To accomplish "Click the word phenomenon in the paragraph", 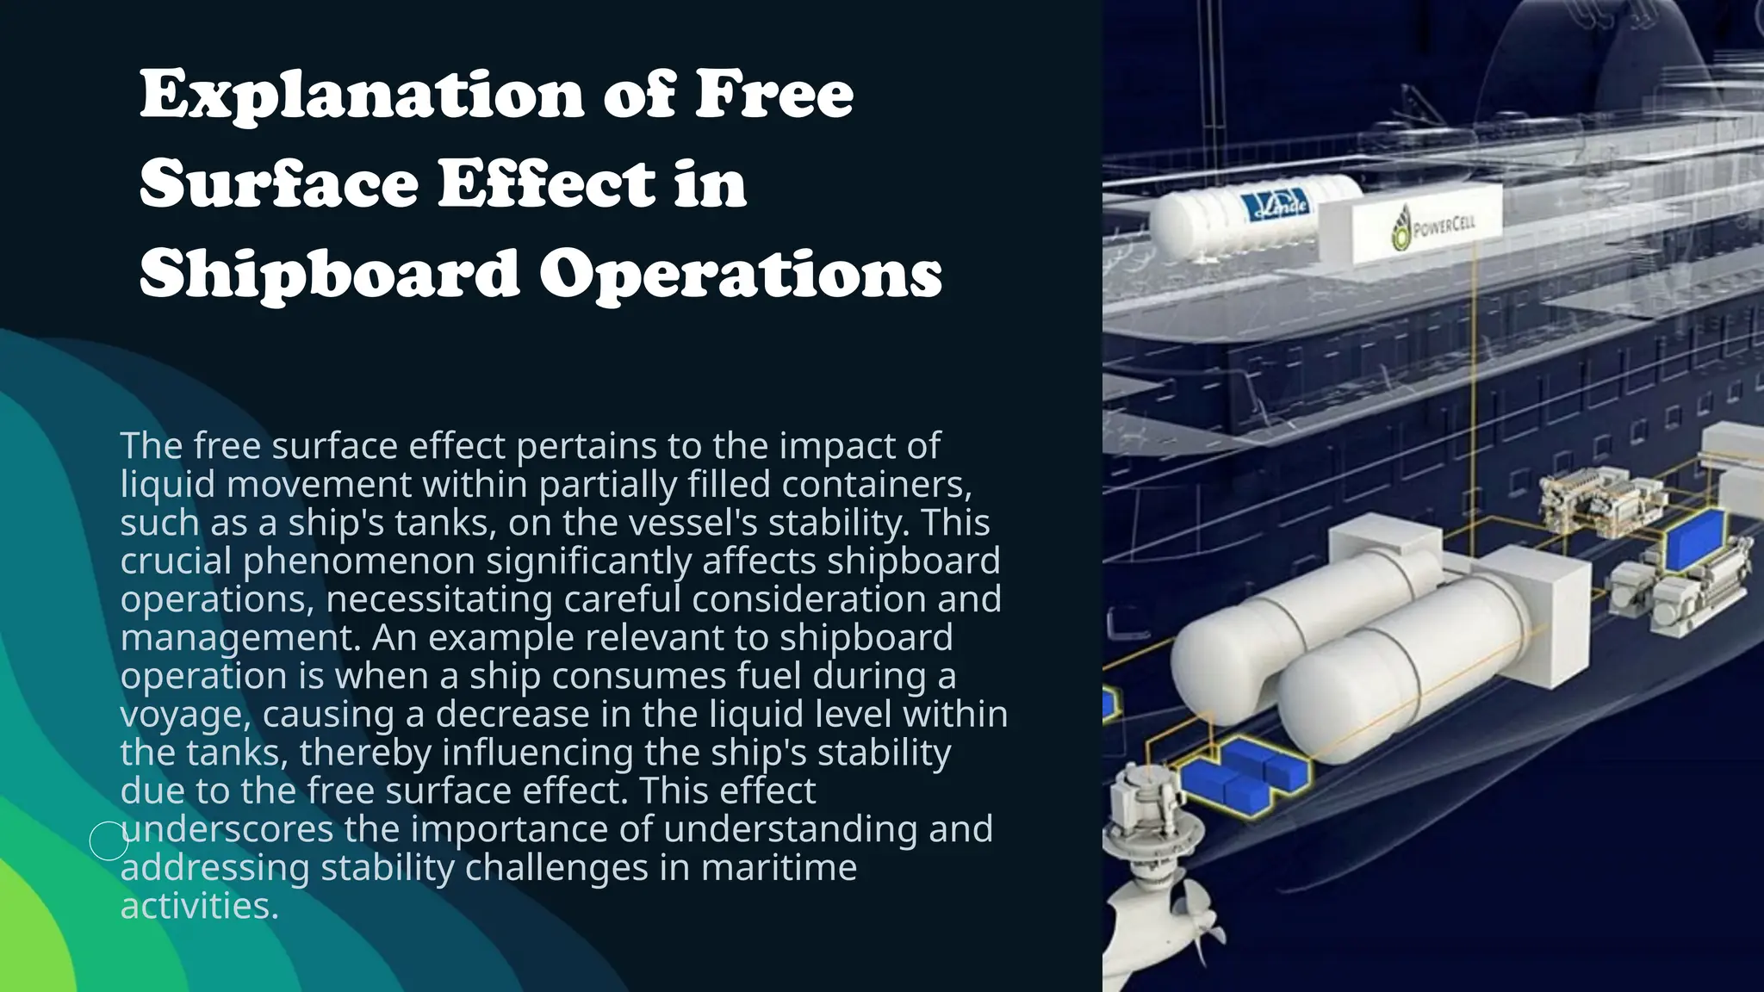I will pyautogui.click(x=358, y=561).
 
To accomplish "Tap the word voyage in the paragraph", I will pyautogui.click(x=184, y=715).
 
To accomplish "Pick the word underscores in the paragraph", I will pyautogui.click(x=227, y=828).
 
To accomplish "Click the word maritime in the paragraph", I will pyautogui.click(x=779, y=867).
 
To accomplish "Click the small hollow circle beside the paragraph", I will pyautogui.click(x=109, y=840).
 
